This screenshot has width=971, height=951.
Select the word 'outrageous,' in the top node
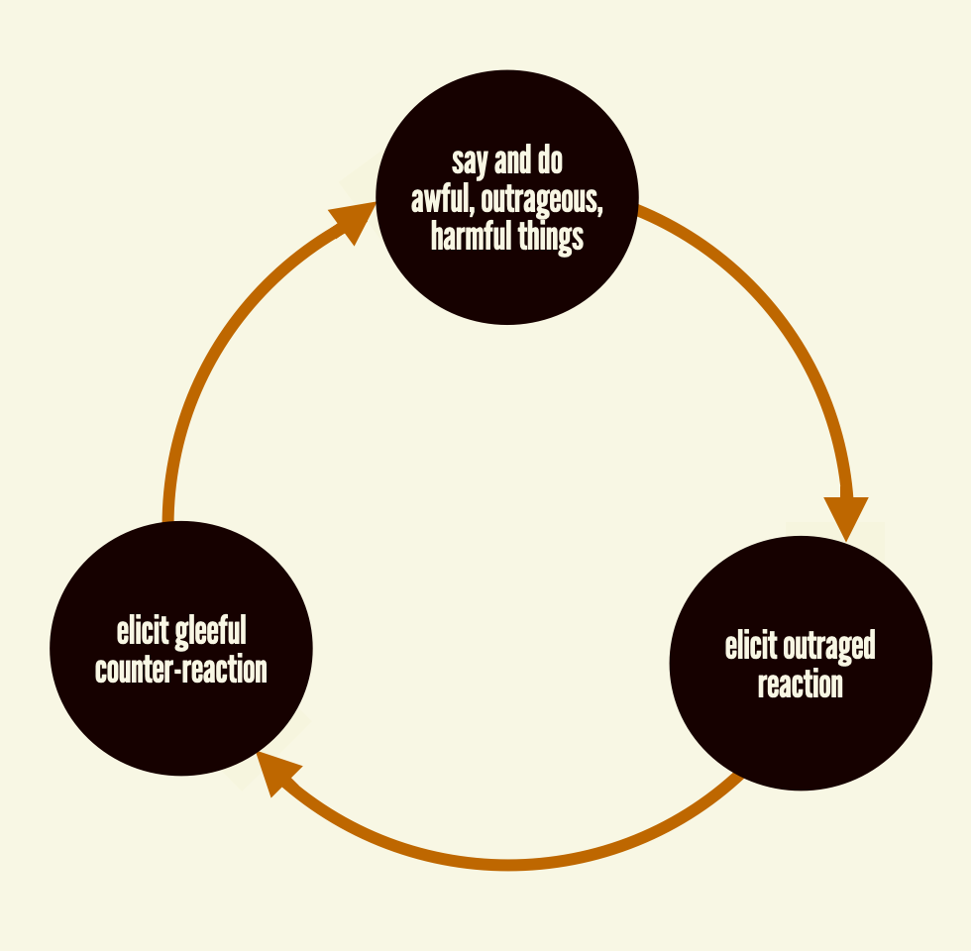(542, 200)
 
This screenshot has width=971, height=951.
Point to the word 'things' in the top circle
(551, 238)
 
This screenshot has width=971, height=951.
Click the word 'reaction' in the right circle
(801, 685)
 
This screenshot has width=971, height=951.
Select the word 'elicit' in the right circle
(751, 647)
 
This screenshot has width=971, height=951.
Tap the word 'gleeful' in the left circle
(210, 632)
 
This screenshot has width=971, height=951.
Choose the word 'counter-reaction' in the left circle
(181, 670)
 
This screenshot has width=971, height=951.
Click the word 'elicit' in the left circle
(143, 632)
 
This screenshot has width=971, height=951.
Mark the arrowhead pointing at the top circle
(351, 220)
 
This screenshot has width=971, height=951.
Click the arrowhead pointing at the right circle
(847, 516)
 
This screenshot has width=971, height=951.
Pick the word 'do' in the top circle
(549, 161)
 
